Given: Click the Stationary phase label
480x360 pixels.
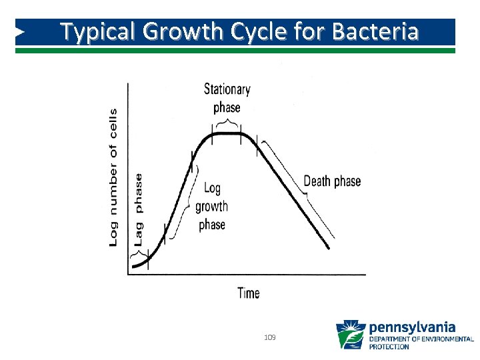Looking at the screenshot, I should (x=227, y=98).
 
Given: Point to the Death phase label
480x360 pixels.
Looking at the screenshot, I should (x=332, y=181).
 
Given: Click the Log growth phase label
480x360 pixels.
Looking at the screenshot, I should (x=212, y=207).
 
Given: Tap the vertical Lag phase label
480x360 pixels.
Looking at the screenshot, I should (x=139, y=210).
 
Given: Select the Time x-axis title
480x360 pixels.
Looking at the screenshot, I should (x=249, y=293).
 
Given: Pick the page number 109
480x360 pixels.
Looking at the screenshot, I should (x=270, y=338).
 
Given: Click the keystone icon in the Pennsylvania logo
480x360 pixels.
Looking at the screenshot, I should (x=350, y=335).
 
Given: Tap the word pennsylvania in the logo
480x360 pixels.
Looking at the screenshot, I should (x=411, y=327).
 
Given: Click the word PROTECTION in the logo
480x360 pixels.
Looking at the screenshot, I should (x=389, y=347).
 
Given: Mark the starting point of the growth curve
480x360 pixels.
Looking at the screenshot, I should (x=133, y=267).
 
